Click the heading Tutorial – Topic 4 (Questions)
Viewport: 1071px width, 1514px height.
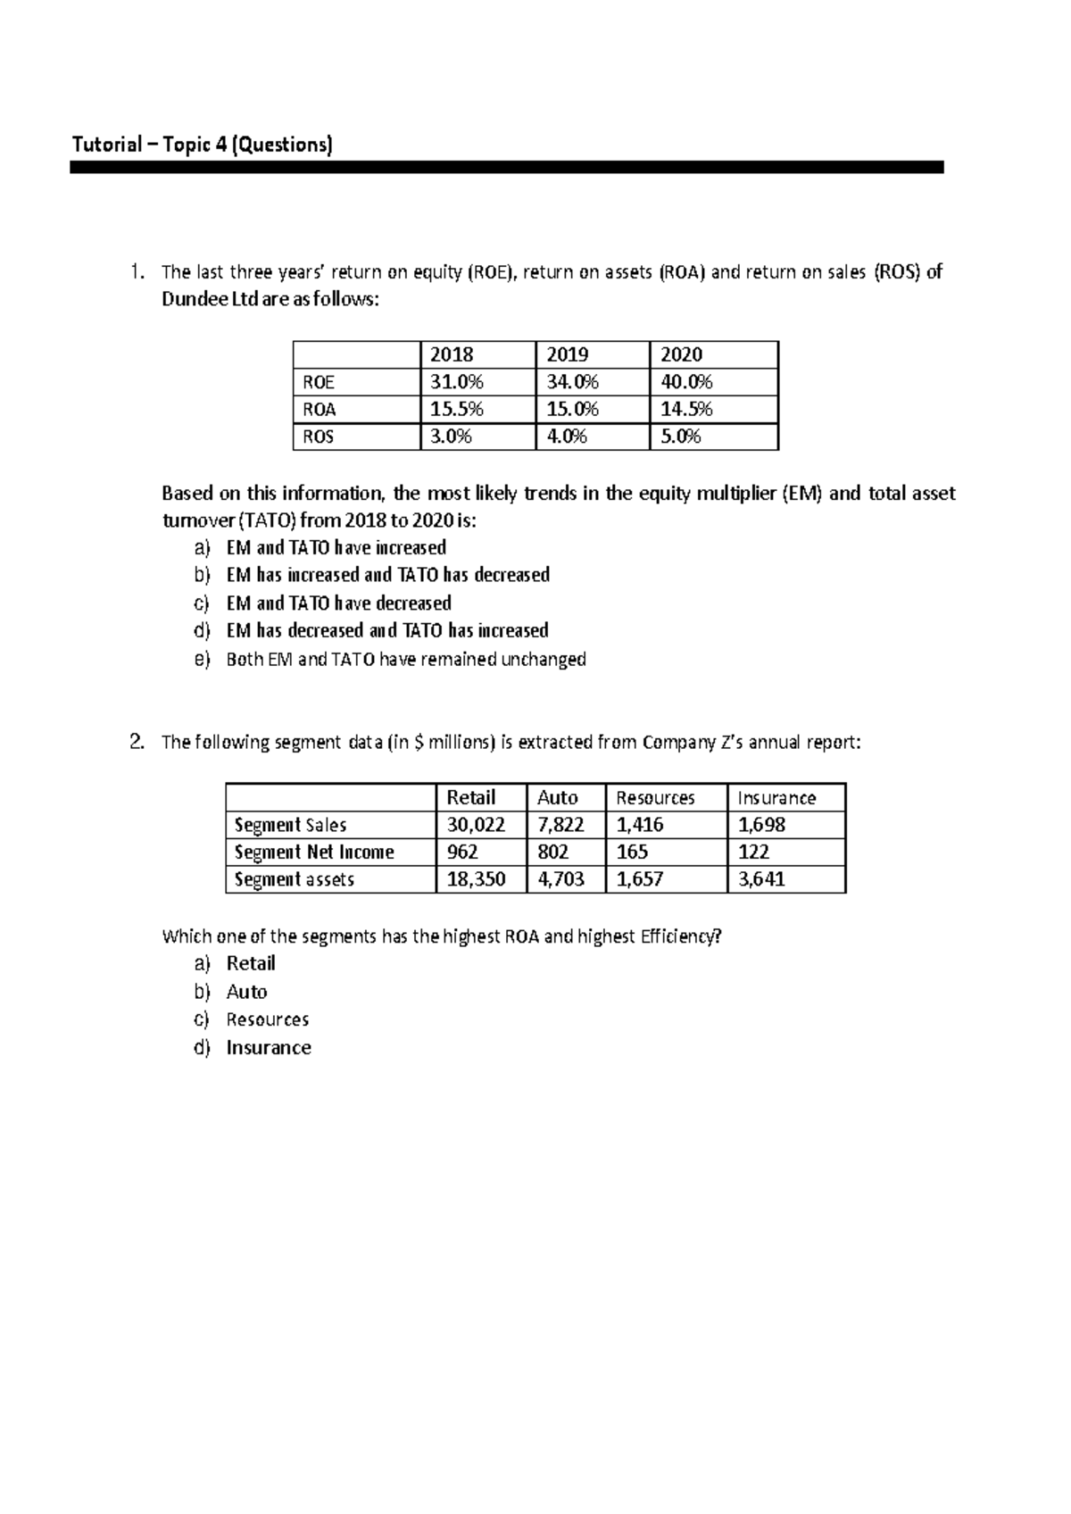coord(202,145)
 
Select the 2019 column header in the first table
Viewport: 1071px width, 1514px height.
coord(568,354)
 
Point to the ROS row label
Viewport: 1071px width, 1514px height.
coord(318,437)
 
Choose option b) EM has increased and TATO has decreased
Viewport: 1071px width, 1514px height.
coord(387,575)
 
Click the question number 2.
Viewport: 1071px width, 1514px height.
coord(136,742)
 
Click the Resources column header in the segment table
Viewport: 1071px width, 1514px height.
coord(655,798)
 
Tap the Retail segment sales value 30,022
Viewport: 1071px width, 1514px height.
coord(476,825)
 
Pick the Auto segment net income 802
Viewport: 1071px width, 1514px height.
coord(553,852)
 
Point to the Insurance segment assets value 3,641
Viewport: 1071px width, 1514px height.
coord(761,879)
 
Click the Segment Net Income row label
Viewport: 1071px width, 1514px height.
coord(313,852)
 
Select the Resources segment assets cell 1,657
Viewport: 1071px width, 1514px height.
coord(639,879)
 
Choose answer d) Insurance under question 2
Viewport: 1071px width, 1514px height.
coord(268,1048)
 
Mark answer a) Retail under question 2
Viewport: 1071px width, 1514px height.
coord(250,963)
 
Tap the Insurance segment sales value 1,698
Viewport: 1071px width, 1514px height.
coord(761,825)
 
